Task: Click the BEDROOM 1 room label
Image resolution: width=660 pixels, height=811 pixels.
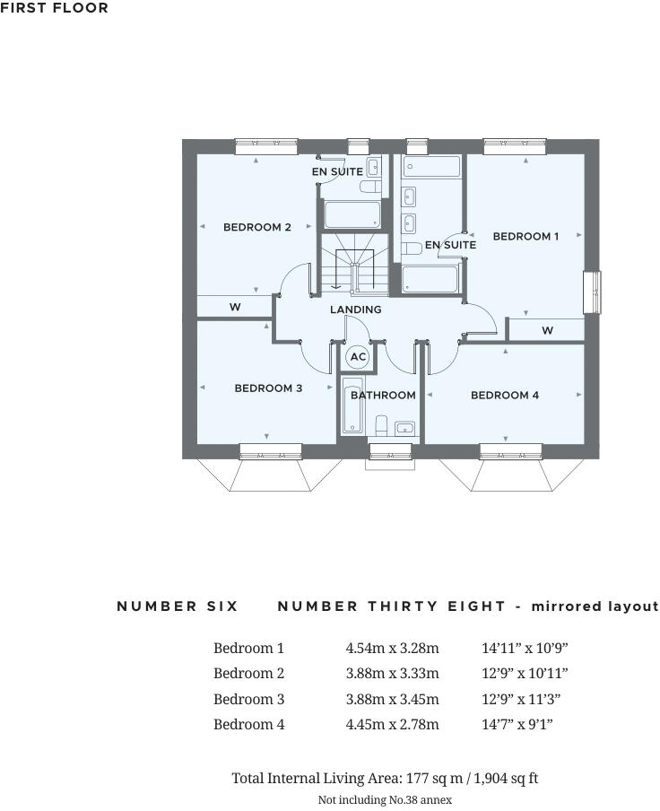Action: [525, 236]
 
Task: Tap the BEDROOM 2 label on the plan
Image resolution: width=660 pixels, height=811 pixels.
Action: [257, 227]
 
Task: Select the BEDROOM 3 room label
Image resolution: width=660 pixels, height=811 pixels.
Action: [268, 388]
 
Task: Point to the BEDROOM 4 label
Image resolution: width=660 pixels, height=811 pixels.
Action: [505, 395]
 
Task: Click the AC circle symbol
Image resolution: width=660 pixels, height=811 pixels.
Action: [358, 357]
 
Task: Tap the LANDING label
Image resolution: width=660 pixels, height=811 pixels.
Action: [356, 310]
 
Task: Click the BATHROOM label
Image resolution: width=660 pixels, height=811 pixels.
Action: [383, 395]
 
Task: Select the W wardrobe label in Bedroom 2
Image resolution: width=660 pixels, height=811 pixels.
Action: [235, 308]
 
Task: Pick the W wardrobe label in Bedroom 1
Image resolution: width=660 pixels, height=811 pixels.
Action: [547, 331]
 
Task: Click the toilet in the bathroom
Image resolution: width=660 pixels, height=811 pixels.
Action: [382, 424]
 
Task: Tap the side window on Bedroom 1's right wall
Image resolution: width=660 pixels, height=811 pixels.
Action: [592, 292]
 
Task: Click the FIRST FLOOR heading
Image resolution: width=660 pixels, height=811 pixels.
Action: [55, 8]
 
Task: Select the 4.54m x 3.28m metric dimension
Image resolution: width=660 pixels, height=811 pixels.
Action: [392, 648]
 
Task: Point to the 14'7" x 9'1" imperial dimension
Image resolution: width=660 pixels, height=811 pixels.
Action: [517, 724]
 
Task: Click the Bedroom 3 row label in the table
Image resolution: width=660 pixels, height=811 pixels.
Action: [248, 699]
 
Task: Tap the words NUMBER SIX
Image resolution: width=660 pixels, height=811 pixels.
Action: [178, 606]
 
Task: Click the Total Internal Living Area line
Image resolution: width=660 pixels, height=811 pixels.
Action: [385, 778]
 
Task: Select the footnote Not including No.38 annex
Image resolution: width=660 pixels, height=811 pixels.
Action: [385, 798]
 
